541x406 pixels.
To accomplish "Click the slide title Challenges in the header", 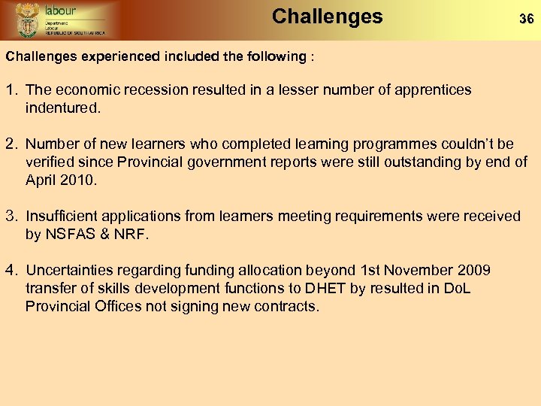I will (327, 17).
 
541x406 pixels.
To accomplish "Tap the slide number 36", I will (527, 20).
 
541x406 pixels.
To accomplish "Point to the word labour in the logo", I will (60, 11).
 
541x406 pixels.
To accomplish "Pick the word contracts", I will (286, 307).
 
